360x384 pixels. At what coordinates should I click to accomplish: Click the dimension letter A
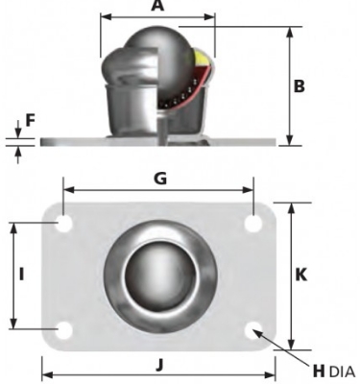pyautogui.click(x=157, y=6)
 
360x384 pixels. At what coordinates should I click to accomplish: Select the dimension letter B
pyautogui.click(x=300, y=86)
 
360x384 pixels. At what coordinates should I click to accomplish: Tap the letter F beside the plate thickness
pyautogui.click(x=30, y=121)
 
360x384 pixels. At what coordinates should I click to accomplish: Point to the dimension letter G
pyautogui.click(x=160, y=179)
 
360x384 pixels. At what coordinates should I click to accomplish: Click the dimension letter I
pyautogui.click(x=21, y=275)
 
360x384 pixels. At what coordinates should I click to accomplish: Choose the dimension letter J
pyautogui.click(x=160, y=365)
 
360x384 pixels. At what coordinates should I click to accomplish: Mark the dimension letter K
pyautogui.click(x=300, y=275)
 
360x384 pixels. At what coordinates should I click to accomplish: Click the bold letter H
pyautogui.click(x=319, y=372)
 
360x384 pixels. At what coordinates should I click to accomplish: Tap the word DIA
pyautogui.click(x=342, y=372)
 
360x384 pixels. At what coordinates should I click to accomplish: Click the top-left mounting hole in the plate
pyautogui.click(x=64, y=224)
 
